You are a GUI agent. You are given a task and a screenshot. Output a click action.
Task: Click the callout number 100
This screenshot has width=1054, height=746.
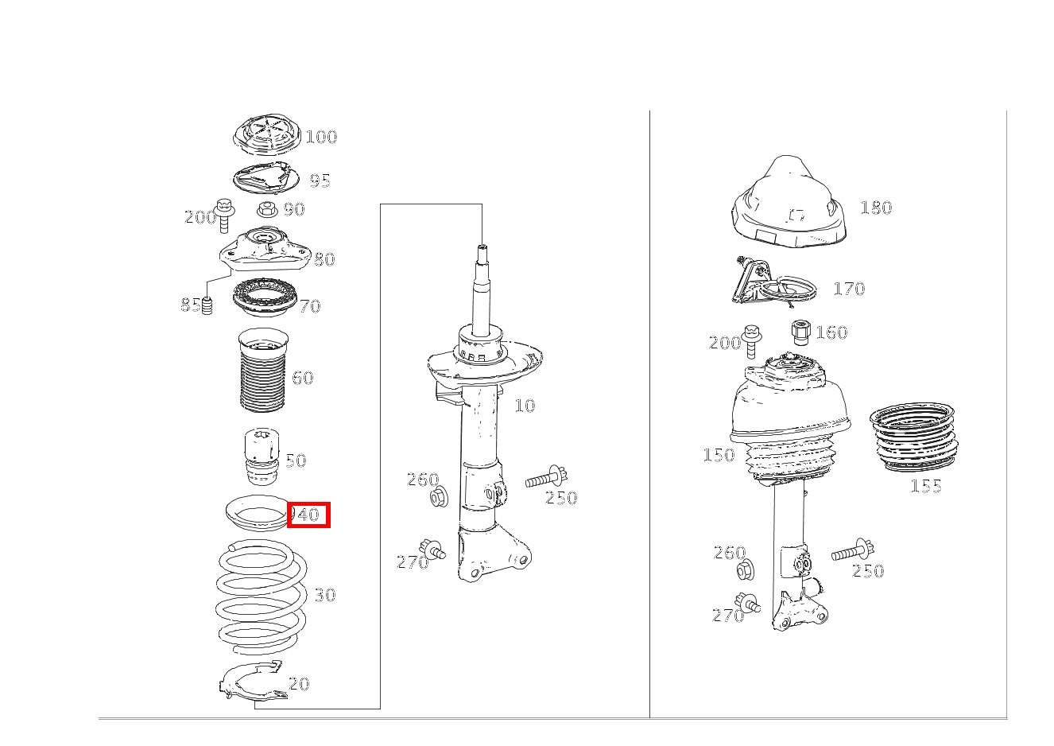[321, 137]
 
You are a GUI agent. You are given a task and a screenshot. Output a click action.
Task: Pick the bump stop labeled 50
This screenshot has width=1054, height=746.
[262, 457]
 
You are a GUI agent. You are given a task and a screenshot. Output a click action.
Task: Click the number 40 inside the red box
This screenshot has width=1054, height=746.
[308, 515]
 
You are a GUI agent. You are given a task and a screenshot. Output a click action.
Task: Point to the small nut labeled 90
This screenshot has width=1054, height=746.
[267, 208]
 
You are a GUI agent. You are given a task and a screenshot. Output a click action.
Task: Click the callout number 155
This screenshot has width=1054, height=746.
[926, 486]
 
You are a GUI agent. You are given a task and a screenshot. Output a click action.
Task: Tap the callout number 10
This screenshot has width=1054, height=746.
[525, 406]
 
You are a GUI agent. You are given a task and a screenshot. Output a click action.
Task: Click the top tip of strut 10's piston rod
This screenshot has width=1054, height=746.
[482, 247]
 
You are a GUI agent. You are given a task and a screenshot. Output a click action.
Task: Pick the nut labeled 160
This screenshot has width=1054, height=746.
[800, 332]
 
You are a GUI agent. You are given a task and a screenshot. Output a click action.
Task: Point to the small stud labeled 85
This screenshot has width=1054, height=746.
[207, 306]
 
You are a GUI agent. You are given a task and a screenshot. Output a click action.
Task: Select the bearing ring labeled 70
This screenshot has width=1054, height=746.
[265, 297]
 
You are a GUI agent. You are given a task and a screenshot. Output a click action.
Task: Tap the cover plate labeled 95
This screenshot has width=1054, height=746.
[265, 178]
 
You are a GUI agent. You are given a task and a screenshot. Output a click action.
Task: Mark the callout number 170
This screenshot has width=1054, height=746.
[849, 289]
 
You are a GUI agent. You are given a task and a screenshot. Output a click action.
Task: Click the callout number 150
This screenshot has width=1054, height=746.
[719, 455]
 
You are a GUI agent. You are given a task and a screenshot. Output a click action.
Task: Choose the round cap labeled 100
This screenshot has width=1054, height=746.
[267, 134]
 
